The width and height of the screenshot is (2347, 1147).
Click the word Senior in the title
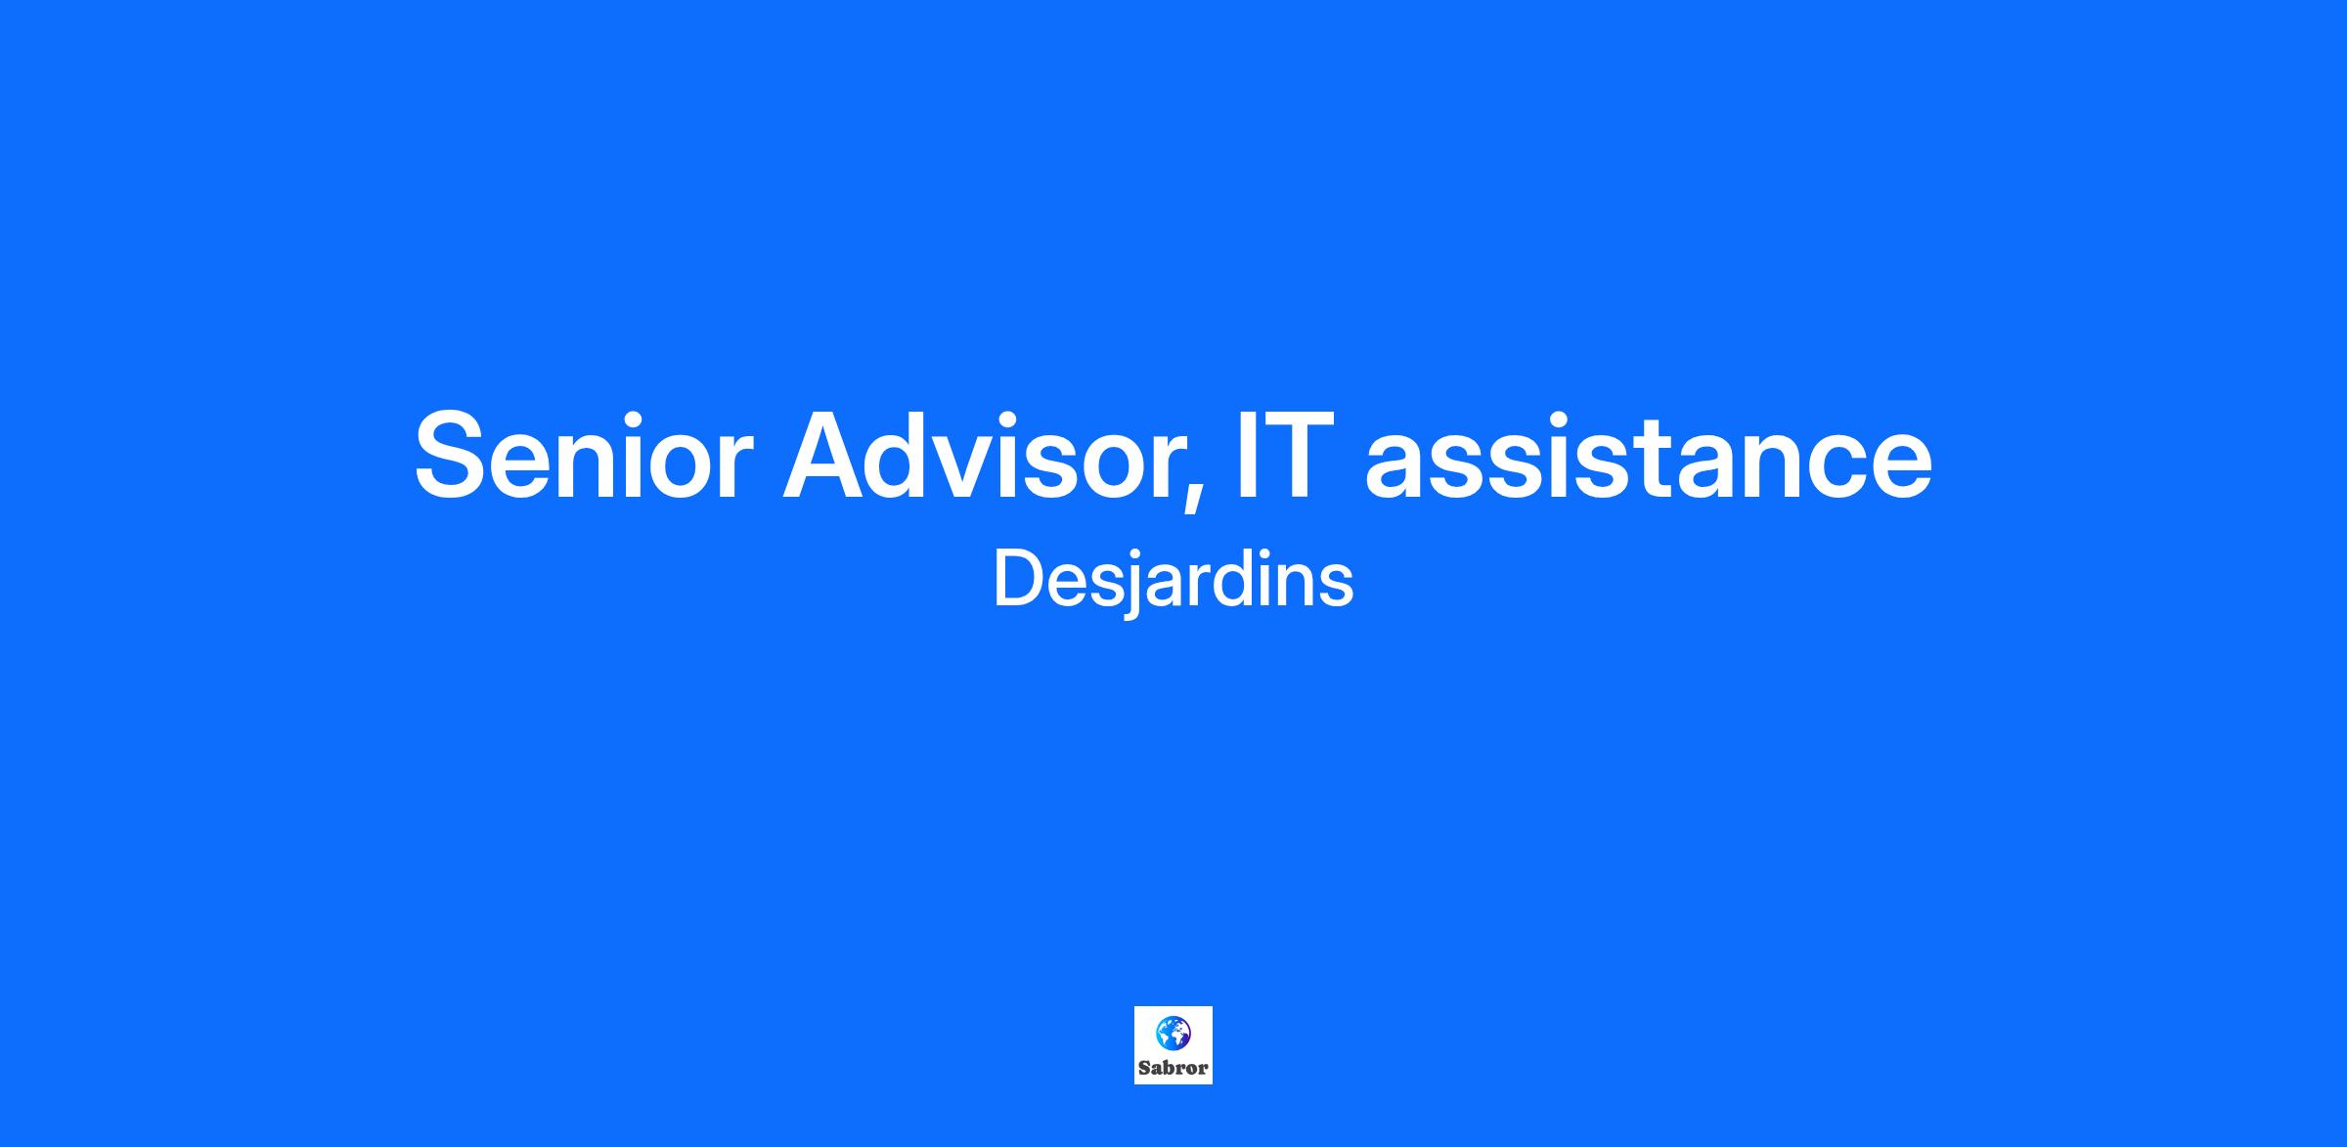tap(584, 455)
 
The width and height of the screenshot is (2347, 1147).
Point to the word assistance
tap(1649, 455)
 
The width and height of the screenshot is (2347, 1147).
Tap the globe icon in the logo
tap(1173, 1033)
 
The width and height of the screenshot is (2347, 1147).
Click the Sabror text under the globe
tap(1173, 1068)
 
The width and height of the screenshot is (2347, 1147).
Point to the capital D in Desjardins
tap(1019, 579)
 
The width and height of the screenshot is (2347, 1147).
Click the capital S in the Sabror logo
tap(1144, 1068)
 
